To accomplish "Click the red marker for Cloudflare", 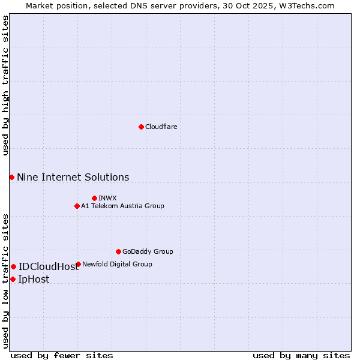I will (x=141, y=127).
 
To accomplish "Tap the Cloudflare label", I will (x=161, y=127).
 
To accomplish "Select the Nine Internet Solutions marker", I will (x=11, y=177).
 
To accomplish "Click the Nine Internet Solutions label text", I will (x=73, y=177).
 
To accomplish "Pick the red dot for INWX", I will (x=94, y=198).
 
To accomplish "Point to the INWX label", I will (x=107, y=198).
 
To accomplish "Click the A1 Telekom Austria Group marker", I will (x=77, y=206).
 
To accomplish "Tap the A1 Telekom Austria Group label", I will (x=122, y=206).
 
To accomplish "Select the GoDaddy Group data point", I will (x=118, y=251).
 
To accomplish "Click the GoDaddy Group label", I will (x=148, y=251).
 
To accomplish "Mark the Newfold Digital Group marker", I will (x=78, y=264).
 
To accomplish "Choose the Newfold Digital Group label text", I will (x=117, y=264).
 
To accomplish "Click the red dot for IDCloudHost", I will (x=13, y=266).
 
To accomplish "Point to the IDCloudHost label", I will (x=49, y=266).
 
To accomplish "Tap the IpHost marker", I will (x=13, y=279).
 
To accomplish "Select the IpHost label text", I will (x=34, y=279).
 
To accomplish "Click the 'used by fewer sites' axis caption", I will (x=62, y=355).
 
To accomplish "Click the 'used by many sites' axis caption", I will (x=301, y=355).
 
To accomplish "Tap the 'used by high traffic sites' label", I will (x=5, y=85).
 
